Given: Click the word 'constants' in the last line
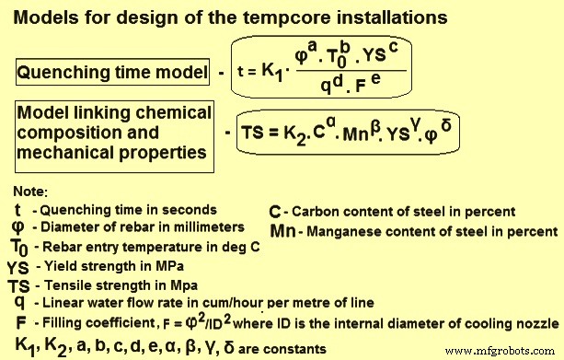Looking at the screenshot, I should (x=296, y=349).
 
